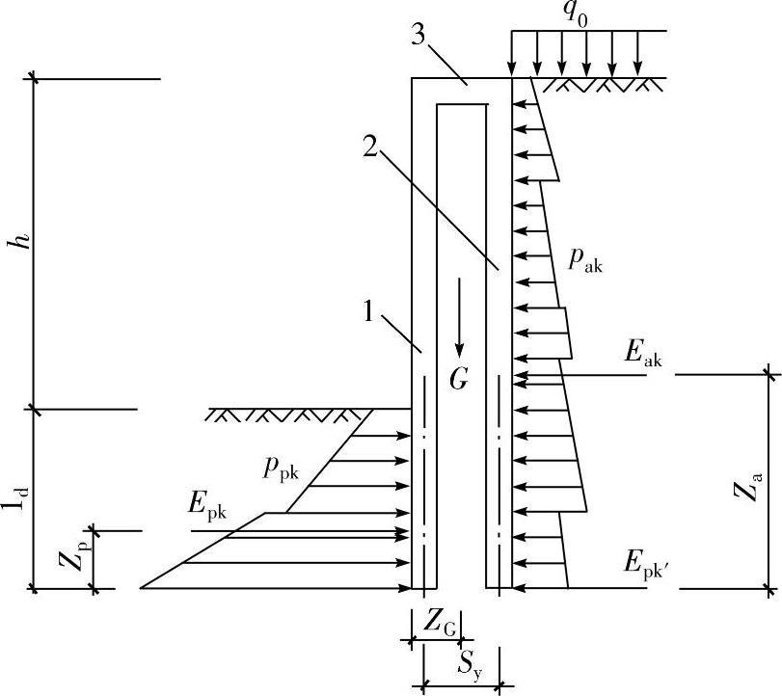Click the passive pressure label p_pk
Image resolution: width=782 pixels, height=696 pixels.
[281, 469]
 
